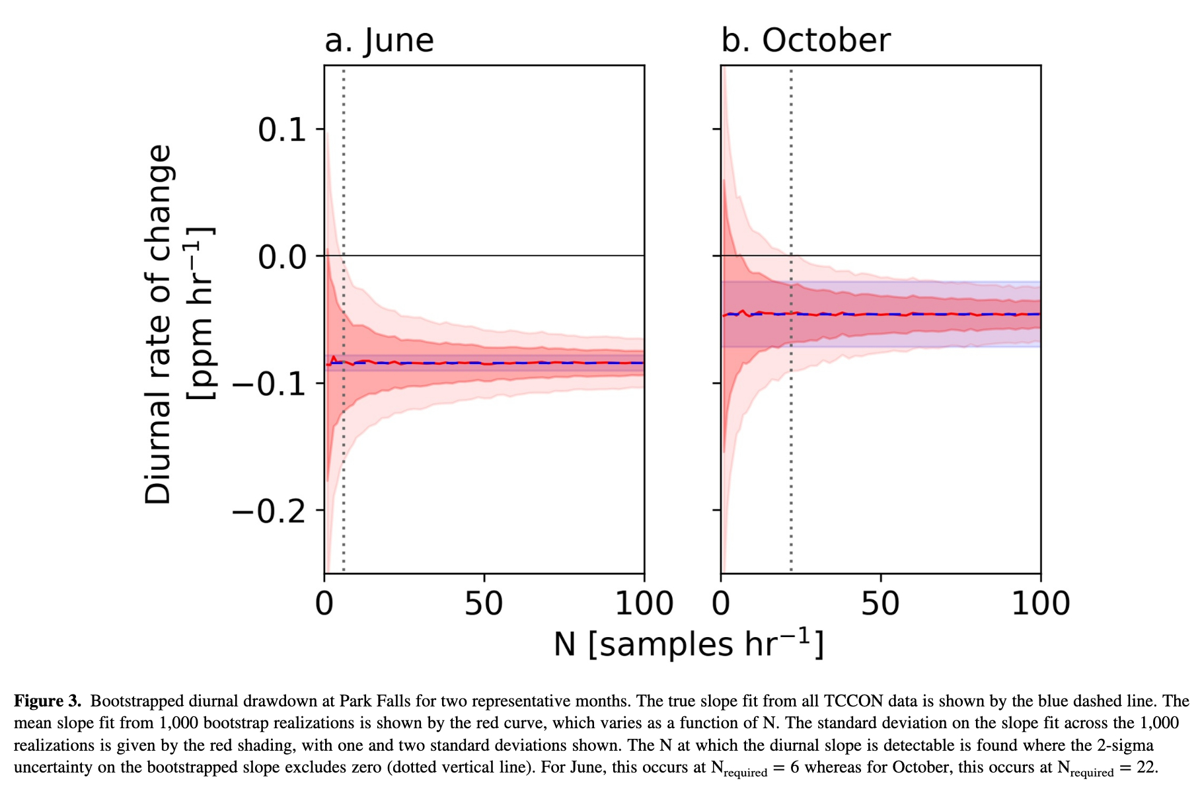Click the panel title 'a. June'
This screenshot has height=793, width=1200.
pos(379,40)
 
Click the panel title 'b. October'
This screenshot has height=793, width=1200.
pos(806,40)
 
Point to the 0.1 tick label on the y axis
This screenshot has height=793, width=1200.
pos(282,130)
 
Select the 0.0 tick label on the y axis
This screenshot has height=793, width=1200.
pos(282,256)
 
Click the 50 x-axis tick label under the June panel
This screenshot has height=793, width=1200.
pos(484,604)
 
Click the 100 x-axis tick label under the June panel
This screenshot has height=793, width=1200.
pos(644,604)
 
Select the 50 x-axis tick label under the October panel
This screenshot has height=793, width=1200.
pos(880,604)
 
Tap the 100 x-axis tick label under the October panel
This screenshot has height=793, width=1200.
pos(1041,604)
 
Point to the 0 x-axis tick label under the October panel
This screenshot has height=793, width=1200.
pos(721,604)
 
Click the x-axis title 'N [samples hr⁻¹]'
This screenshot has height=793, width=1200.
pos(689,644)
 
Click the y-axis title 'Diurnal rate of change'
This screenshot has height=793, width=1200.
pos(159,324)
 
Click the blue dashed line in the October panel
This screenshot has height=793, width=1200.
pos(925,314)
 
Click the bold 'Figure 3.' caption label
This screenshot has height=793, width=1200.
pos(48,701)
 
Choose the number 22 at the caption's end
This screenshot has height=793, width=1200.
pos(1146,768)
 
